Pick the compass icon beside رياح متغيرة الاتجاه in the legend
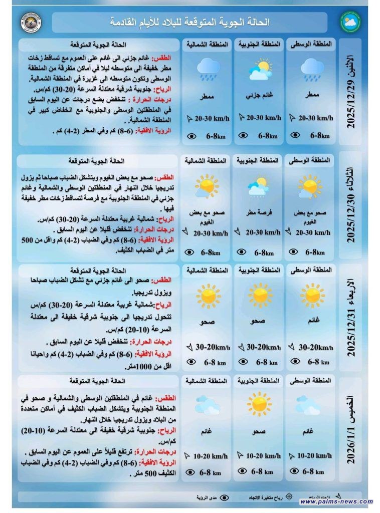click(289, 498)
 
